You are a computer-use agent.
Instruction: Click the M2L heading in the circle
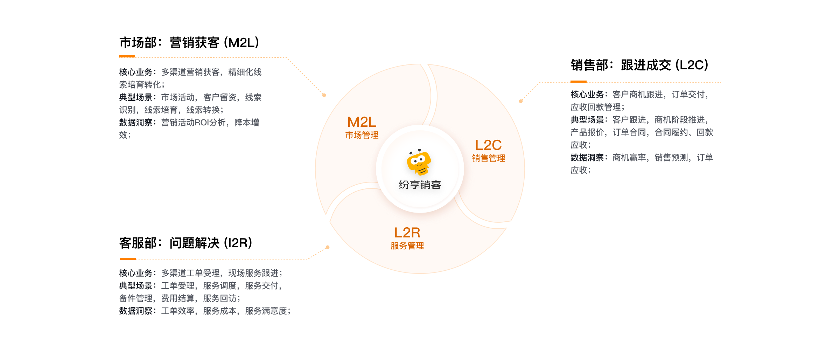coord(362,122)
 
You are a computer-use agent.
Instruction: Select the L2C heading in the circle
coord(488,145)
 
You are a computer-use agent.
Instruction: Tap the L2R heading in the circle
coord(407,233)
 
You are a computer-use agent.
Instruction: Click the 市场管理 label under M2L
coord(362,135)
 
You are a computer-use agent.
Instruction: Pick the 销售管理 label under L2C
coord(488,158)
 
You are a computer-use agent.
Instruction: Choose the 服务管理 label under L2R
coord(407,246)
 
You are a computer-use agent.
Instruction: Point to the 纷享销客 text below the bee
coord(420,185)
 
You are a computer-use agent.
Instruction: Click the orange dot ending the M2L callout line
coord(324,95)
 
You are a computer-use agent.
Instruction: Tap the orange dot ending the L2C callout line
coord(521,101)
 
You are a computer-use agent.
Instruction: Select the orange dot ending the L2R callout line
coord(328,247)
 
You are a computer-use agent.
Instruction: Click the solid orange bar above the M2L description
coord(127,56)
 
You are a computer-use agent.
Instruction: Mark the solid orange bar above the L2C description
coord(578,82)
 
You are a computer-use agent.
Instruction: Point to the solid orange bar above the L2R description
coord(128,259)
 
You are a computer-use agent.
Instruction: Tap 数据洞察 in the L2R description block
coord(136,311)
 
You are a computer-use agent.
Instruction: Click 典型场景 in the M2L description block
coord(136,97)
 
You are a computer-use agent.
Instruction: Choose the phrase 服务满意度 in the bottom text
coord(266,311)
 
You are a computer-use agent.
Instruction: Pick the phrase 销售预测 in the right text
coord(671,158)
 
